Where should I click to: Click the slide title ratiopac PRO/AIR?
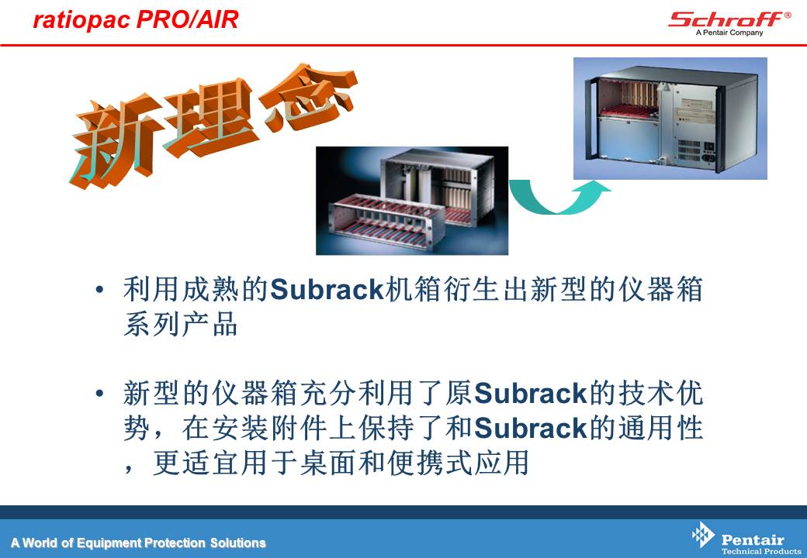135,19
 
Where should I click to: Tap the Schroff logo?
729,20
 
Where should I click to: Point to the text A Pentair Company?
729,33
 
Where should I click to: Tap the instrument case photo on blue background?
670,118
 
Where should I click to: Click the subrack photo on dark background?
412,201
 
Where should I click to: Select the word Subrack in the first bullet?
327,290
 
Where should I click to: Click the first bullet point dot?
100,290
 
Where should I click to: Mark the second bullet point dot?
100,394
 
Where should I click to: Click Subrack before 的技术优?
530,394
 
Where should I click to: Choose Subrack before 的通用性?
530,428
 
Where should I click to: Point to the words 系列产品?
181,324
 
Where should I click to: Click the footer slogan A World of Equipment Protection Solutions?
138,542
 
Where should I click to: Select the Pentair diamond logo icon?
703,535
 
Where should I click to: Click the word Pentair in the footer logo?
753,539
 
